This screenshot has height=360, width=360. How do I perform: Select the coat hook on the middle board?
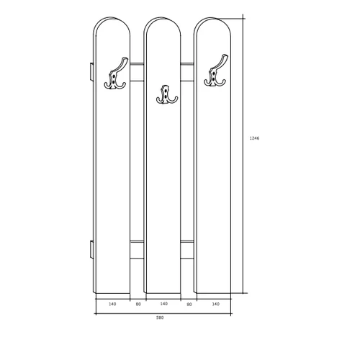[x=166, y=96]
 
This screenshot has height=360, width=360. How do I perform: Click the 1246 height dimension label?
[x=254, y=138]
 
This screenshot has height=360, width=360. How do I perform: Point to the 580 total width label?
[x=160, y=318]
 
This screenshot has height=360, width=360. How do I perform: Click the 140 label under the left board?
[x=112, y=304]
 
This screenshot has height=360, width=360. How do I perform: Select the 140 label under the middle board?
[x=163, y=304]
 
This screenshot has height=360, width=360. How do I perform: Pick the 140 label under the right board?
[x=216, y=304]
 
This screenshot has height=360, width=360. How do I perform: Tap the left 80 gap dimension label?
[x=138, y=305]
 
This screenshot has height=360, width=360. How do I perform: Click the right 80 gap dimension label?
[x=189, y=305]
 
